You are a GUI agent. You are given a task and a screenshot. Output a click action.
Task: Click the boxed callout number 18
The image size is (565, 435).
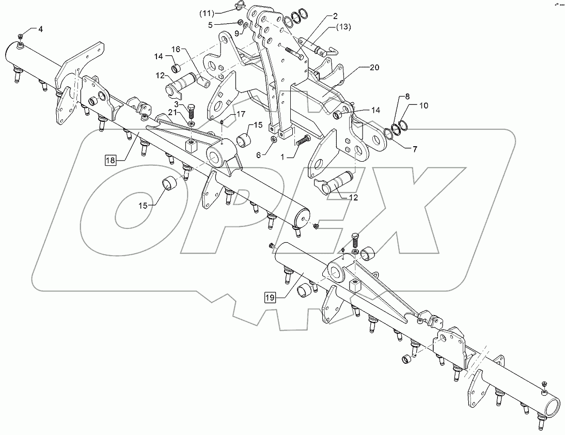click(x=111, y=160)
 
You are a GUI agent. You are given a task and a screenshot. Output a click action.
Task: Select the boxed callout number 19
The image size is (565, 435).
click(x=271, y=297)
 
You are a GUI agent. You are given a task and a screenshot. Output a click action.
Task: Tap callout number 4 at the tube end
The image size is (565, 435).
click(x=40, y=29)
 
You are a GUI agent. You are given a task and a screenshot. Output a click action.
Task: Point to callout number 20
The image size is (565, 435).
click(x=373, y=67)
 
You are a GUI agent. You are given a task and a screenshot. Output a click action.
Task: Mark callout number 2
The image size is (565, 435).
click(x=336, y=17)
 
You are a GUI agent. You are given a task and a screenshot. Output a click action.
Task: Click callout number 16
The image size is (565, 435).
click(x=176, y=49)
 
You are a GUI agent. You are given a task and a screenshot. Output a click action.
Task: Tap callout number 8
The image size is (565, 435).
click(x=407, y=96)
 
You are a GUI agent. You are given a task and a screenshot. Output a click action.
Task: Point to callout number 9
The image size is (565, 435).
click(x=237, y=34)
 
